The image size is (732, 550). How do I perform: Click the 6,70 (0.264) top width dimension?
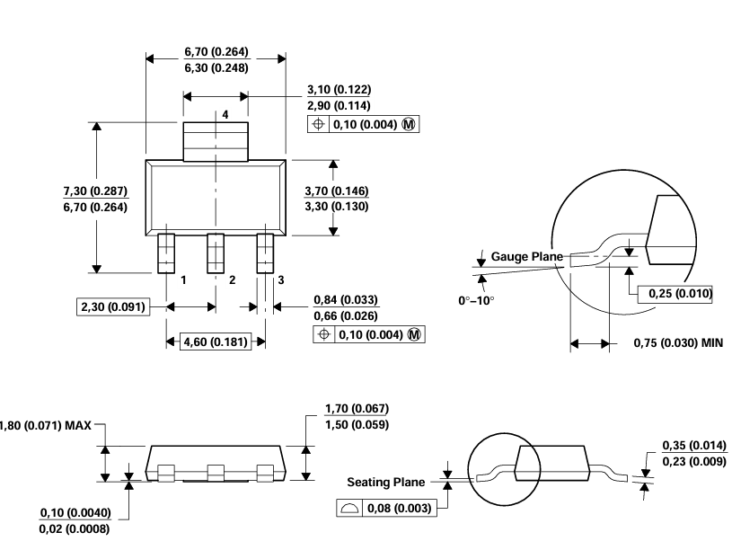click(216, 51)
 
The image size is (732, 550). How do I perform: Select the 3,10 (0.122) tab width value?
click(339, 90)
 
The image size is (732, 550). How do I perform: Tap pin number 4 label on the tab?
click(225, 115)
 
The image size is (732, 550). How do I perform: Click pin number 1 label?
click(182, 279)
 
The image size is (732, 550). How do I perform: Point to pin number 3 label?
click(280, 279)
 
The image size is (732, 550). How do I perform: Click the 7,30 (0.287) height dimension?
click(95, 191)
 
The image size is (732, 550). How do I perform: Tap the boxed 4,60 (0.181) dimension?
click(216, 342)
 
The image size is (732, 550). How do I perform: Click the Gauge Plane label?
click(526, 257)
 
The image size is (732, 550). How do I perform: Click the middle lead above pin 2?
click(216, 253)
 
